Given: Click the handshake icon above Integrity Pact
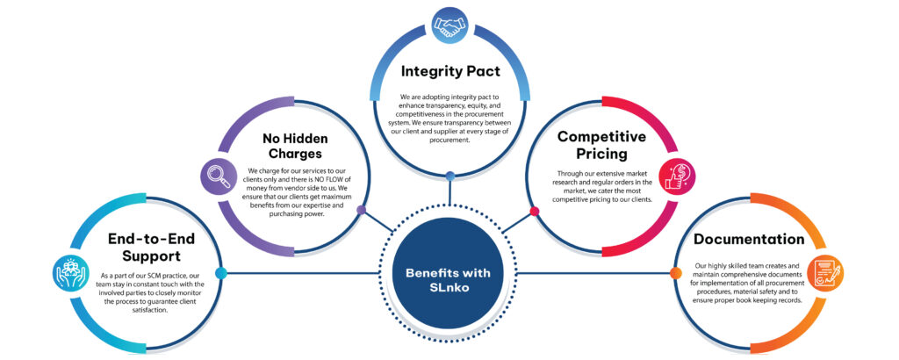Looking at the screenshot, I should tap(449, 24).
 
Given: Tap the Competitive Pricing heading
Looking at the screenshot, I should tap(601, 147).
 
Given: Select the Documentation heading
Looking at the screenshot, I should tap(748, 239).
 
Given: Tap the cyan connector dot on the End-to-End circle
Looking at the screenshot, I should tap(220, 273).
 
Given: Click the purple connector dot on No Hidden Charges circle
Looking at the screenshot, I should tap(362, 211).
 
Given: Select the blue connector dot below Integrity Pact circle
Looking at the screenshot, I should tap(449, 176).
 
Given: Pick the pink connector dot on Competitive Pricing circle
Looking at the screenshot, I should tap(534, 211).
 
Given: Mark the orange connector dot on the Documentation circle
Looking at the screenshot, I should tap(675, 273).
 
